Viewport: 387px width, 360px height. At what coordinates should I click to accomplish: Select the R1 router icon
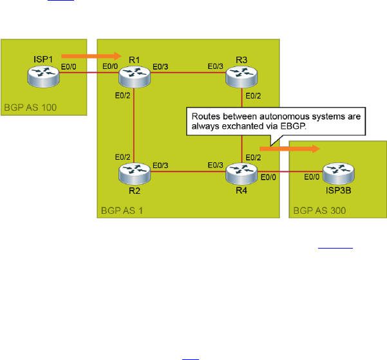click(134, 77)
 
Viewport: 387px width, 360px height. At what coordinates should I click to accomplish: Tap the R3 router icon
click(241, 77)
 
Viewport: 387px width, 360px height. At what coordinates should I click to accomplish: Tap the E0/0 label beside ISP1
click(69, 66)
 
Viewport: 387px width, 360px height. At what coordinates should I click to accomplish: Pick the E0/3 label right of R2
click(160, 166)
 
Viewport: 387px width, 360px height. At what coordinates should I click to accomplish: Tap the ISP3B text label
click(338, 191)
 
